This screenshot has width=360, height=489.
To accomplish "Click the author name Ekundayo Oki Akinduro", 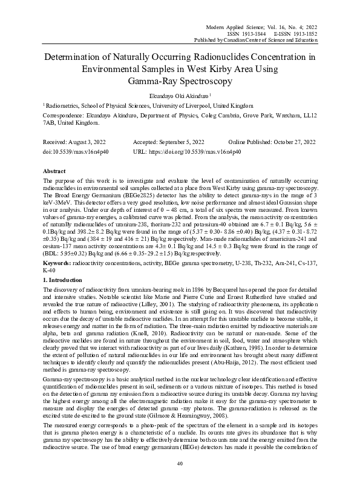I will (178, 96).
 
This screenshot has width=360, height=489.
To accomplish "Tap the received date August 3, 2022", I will (88, 142).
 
